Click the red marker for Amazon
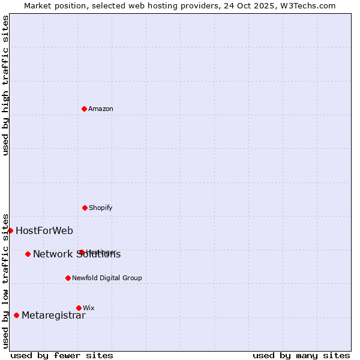[84, 109]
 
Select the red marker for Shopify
[85, 208]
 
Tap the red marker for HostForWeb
[10, 230]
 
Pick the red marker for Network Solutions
[28, 254]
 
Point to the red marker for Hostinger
[82, 252]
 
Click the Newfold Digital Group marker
[68, 278]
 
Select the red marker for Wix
[79, 308]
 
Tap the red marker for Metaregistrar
[16, 315]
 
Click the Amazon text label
[101, 109]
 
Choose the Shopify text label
[101, 208]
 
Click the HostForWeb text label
[44, 230]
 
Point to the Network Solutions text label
[77, 254]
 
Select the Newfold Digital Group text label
[107, 278]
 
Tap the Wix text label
[89, 308]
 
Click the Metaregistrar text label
[53, 316]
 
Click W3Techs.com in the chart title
[308, 5]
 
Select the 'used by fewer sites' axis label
[62, 355]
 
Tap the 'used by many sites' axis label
[301, 355]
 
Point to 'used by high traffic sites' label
[5, 85]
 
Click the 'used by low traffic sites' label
[5, 280]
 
